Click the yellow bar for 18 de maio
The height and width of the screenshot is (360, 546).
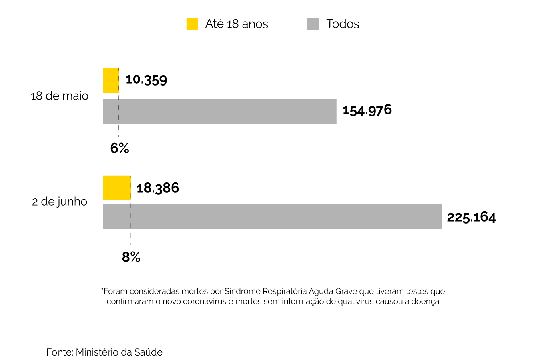pyautogui.click(x=111, y=80)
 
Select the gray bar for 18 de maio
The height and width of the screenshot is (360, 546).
pyautogui.click(x=219, y=111)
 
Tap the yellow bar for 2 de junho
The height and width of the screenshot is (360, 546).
pyautogui.click(x=117, y=188)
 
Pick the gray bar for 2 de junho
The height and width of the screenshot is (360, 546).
pyautogui.click(x=272, y=217)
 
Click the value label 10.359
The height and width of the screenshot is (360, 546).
pyautogui.click(x=146, y=80)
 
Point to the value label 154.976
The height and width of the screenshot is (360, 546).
pyautogui.click(x=367, y=110)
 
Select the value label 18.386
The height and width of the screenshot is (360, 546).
pyautogui.click(x=158, y=188)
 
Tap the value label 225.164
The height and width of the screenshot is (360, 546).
pyautogui.click(x=471, y=217)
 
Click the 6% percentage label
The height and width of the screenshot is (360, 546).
pyautogui.click(x=120, y=148)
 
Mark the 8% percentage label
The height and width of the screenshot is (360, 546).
pyautogui.click(x=131, y=257)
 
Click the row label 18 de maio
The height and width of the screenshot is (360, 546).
pyautogui.click(x=60, y=96)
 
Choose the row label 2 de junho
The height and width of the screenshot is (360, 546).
pyautogui.click(x=60, y=202)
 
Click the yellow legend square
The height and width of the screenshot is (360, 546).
pyautogui.click(x=192, y=24)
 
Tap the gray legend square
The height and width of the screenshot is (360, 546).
pyautogui.click(x=313, y=24)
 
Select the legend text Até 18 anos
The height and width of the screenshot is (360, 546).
pyautogui.click(x=237, y=24)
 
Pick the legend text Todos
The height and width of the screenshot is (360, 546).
pyautogui.click(x=343, y=24)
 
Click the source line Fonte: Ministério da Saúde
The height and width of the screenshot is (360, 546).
pyautogui.click(x=104, y=352)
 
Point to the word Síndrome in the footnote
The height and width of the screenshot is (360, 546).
pyautogui.click(x=240, y=291)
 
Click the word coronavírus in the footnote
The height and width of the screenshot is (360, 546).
pyautogui.click(x=205, y=302)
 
